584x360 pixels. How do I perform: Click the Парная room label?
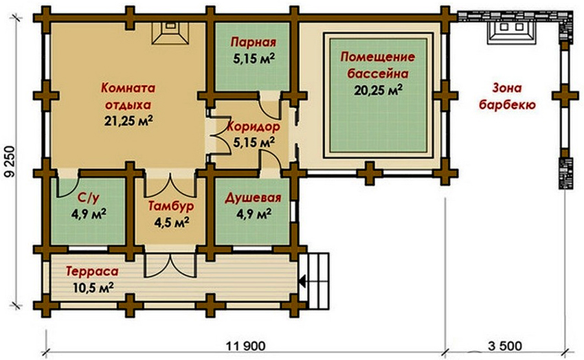[254, 43]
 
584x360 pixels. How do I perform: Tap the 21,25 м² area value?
[128, 121]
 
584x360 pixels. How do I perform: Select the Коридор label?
[254, 127]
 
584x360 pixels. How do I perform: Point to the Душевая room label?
[253, 198]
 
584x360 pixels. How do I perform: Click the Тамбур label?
[171, 206]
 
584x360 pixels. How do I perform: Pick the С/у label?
[89, 199]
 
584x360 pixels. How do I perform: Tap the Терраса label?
[92, 271]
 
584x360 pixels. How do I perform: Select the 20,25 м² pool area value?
[378, 90]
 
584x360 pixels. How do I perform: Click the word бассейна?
[378, 74]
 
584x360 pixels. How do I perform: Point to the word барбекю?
[507, 105]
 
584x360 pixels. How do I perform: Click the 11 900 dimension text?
[246, 346]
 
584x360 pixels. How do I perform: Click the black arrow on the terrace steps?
[302, 281]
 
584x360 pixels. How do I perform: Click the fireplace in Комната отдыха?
[170, 33]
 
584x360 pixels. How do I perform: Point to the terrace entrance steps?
[318, 281]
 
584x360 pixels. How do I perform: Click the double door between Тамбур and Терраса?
[170, 265]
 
